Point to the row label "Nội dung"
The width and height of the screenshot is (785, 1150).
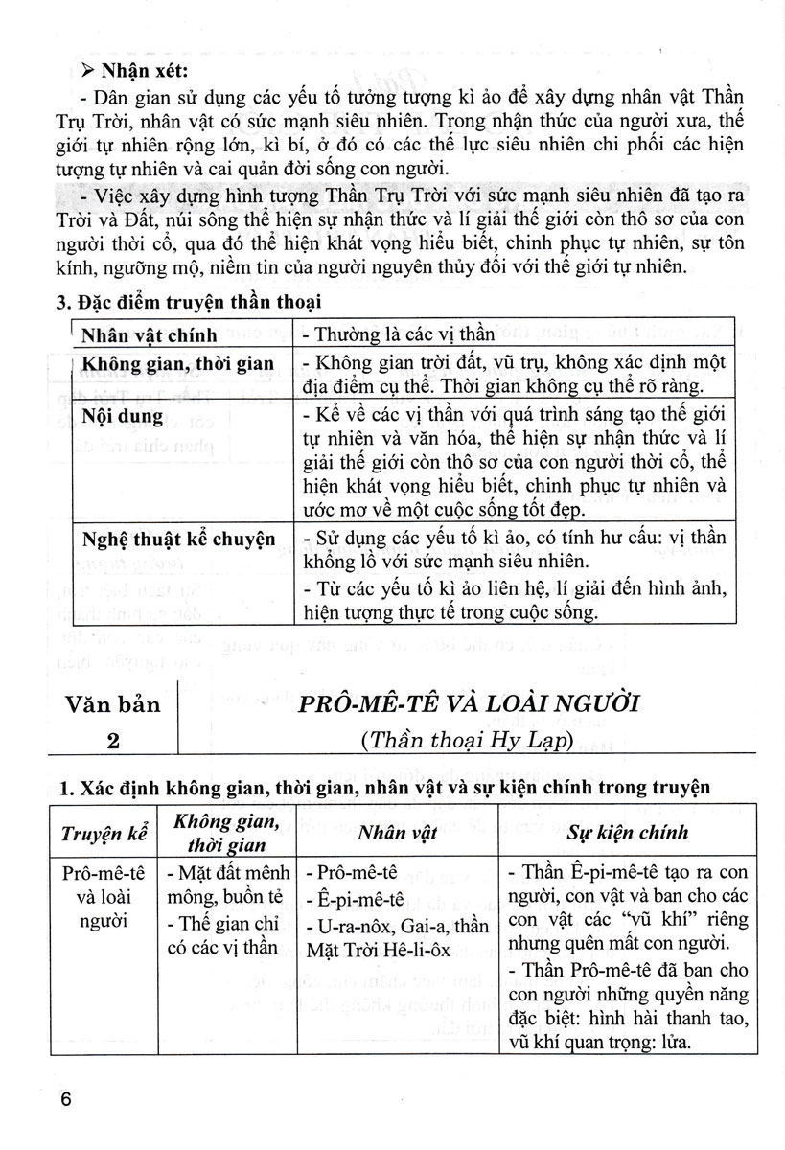pos(122,417)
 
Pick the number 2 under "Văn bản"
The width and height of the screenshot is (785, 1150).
pos(113,741)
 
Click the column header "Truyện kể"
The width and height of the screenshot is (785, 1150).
pos(104,833)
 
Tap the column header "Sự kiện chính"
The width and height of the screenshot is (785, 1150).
pos(627,833)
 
